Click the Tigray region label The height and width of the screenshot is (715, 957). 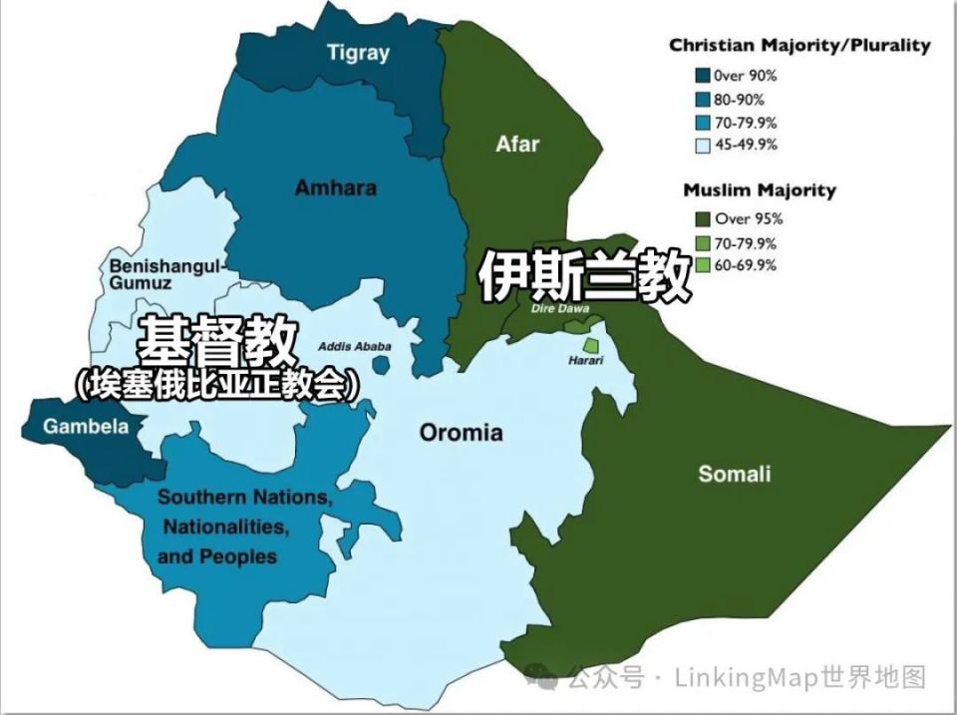point(358,53)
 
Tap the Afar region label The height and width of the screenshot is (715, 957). point(517,144)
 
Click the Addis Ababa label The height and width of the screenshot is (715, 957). point(355,346)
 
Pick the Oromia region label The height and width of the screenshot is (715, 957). point(461,433)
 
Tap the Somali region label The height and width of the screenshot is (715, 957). point(735,474)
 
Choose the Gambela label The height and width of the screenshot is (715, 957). point(86,427)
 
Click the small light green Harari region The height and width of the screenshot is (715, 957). point(591,344)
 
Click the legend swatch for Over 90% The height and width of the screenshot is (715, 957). point(703,75)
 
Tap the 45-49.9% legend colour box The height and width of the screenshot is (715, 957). point(703,145)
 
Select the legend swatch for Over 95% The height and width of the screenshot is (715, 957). point(703,219)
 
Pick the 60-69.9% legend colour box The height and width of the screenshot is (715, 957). point(703,265)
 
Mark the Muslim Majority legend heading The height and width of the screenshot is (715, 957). point(760,189)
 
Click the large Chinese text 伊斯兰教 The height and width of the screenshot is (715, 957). point(585,276)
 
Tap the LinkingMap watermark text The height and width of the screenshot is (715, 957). point(748,678)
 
